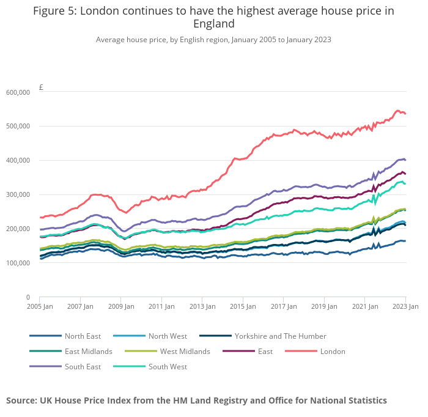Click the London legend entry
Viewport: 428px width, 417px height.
tap(333, 352)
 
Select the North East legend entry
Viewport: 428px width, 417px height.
tap(83, 336)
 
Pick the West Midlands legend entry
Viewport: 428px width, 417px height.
tap(185, 352)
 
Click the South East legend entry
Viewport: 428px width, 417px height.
tap(83, 367)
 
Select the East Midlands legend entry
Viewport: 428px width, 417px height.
tap(88, 352)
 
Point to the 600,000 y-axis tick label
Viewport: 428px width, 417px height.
tap(18, 92)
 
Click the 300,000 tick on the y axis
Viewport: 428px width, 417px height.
tap(18, 194)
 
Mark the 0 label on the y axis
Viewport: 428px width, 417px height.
tap(28, 297)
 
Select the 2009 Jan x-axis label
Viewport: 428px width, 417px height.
tap(121, 306)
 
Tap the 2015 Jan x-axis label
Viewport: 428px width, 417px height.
tap(243, 306)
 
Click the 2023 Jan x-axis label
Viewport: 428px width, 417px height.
tap(405, 306)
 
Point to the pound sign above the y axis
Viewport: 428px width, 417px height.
tap(41, 87)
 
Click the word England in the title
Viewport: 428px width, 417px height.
tap(213, 24)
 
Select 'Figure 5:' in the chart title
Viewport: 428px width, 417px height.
tap(54, 11)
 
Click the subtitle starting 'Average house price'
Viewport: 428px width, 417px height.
tap(213, 40)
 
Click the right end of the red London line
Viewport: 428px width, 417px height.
tap(405, 114)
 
